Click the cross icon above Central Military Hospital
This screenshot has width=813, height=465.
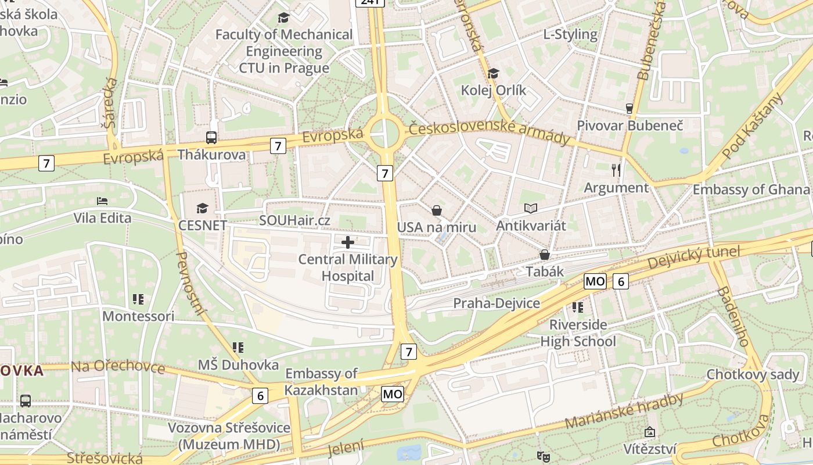pos(348,242)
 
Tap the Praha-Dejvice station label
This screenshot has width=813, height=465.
pos(496,303)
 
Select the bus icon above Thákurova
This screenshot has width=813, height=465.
pos(211,138)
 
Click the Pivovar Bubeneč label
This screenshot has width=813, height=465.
pos(629,125)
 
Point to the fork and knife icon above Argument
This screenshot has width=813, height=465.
pos(616,170)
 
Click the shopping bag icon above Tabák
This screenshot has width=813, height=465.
pos(545,255)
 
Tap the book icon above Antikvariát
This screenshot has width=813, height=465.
pos(530,208)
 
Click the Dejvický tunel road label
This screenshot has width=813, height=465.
pos(693,257)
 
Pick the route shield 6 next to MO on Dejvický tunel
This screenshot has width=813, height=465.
pos(620,282)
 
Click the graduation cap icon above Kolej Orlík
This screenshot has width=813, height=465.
pos(493,73)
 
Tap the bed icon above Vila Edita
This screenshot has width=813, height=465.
pos(102,201)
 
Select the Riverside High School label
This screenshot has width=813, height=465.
pos(578,332)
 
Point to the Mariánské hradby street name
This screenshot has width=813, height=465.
pos(624,411)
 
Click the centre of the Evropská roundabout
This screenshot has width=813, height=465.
pos(384,133)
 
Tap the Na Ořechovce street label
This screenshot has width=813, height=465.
pos(118,367)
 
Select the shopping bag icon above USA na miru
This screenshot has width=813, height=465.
pos(437,210)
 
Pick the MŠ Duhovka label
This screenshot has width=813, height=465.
pos(238,364)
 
